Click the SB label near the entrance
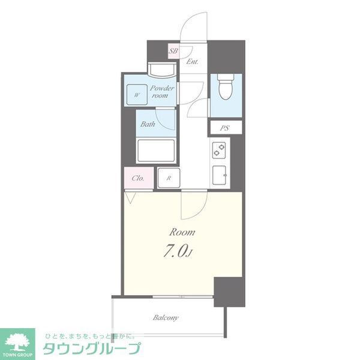pos(173,52)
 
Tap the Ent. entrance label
pos(192,62)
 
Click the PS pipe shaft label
pos(225,127)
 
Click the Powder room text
pos(162,92)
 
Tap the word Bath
pos(148,125)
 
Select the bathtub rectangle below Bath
pos(155,151)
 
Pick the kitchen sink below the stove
pos(219,175)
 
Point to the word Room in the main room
pos(181,232)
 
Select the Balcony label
pos(166,317)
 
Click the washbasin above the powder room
pos(162,70)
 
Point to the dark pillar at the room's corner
pos(229,292)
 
